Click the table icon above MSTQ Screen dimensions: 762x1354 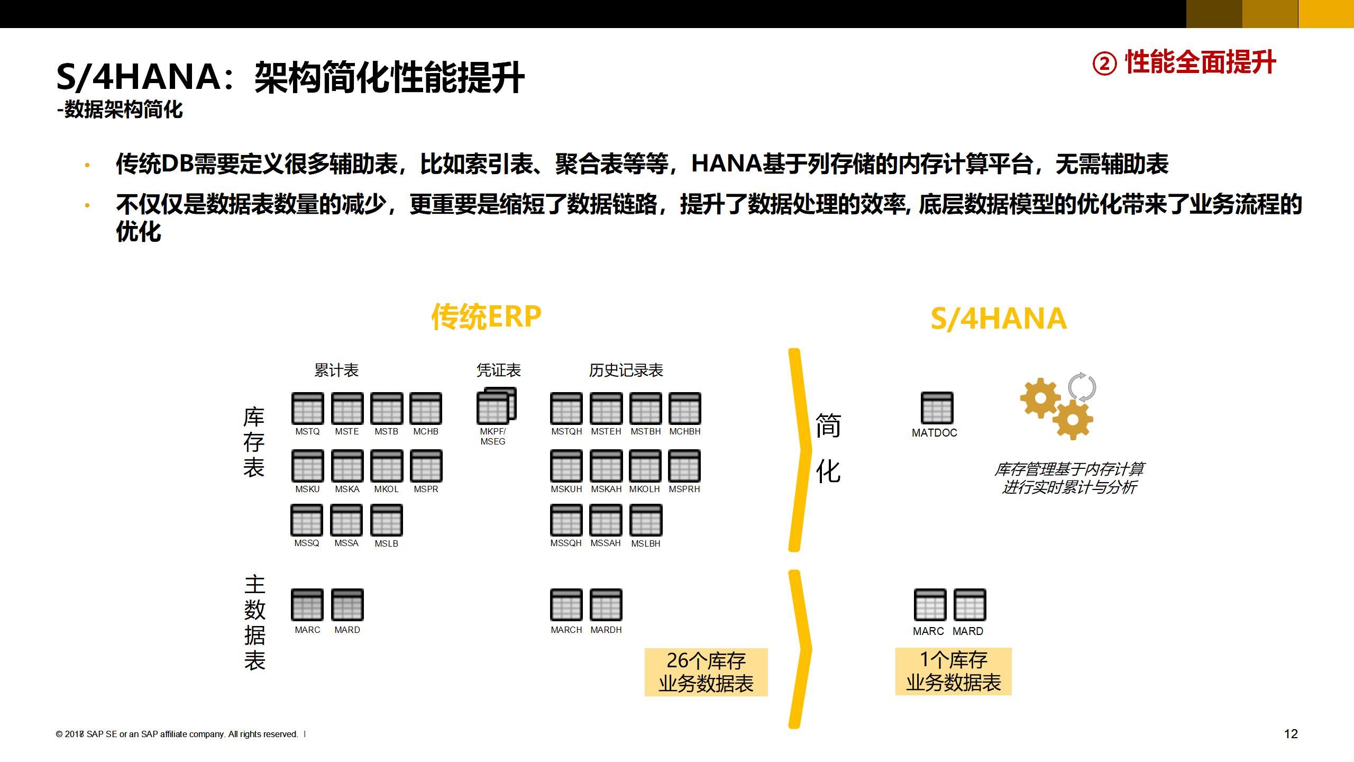point(307,409)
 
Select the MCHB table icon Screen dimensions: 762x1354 point(426,409)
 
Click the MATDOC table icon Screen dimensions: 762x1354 point(937,408)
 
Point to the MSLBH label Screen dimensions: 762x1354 point(645,543)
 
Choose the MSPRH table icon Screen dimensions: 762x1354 point(684,466)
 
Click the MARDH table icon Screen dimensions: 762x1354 point(606,604)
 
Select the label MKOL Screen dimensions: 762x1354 point(386,489)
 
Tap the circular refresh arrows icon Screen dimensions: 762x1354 point(1082,387)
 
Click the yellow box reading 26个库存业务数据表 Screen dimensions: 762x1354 point(706,672)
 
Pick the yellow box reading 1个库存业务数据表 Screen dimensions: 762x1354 point(953,671)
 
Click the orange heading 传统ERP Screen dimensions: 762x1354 point(486,316)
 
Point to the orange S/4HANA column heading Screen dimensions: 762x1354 point(998,319)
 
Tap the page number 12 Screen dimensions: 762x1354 point(1291,733)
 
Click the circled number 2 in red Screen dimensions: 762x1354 point(1104,64)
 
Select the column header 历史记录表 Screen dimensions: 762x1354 point(626,370)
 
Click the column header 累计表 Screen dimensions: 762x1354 point(336,370)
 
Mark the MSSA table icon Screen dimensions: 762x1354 point(346,520)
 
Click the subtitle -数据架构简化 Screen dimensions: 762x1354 point(120,110)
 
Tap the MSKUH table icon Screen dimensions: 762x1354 point(566,466)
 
